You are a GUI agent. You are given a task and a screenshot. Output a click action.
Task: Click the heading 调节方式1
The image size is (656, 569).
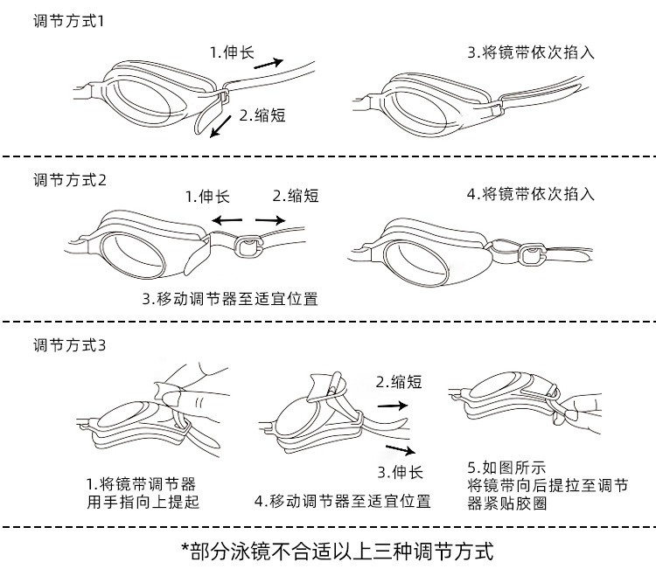click(x=68, y=20)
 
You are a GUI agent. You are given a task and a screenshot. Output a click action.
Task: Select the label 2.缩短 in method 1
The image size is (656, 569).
click(x=263, y=114)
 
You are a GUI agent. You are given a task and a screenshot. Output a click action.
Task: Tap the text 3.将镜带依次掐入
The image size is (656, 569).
click(x=530, y=52)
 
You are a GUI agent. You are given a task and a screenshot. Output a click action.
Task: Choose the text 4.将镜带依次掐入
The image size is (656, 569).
click(x=530, y=194)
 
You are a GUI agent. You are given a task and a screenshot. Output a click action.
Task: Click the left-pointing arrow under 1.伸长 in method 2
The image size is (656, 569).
click(x=228, y=219)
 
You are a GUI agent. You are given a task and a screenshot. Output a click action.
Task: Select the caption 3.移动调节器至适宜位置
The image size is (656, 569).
click(x=230, y=298)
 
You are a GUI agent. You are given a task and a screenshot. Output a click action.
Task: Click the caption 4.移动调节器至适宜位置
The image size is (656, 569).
click(x=342, y=502)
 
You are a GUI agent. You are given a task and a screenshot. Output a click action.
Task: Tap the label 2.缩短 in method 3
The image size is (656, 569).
click(x=399, y=382)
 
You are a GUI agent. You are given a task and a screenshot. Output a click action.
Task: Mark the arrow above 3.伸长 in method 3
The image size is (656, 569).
click(x=401, y=450)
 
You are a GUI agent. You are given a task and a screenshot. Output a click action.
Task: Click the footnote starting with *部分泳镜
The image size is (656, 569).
click(x=338, y=551)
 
